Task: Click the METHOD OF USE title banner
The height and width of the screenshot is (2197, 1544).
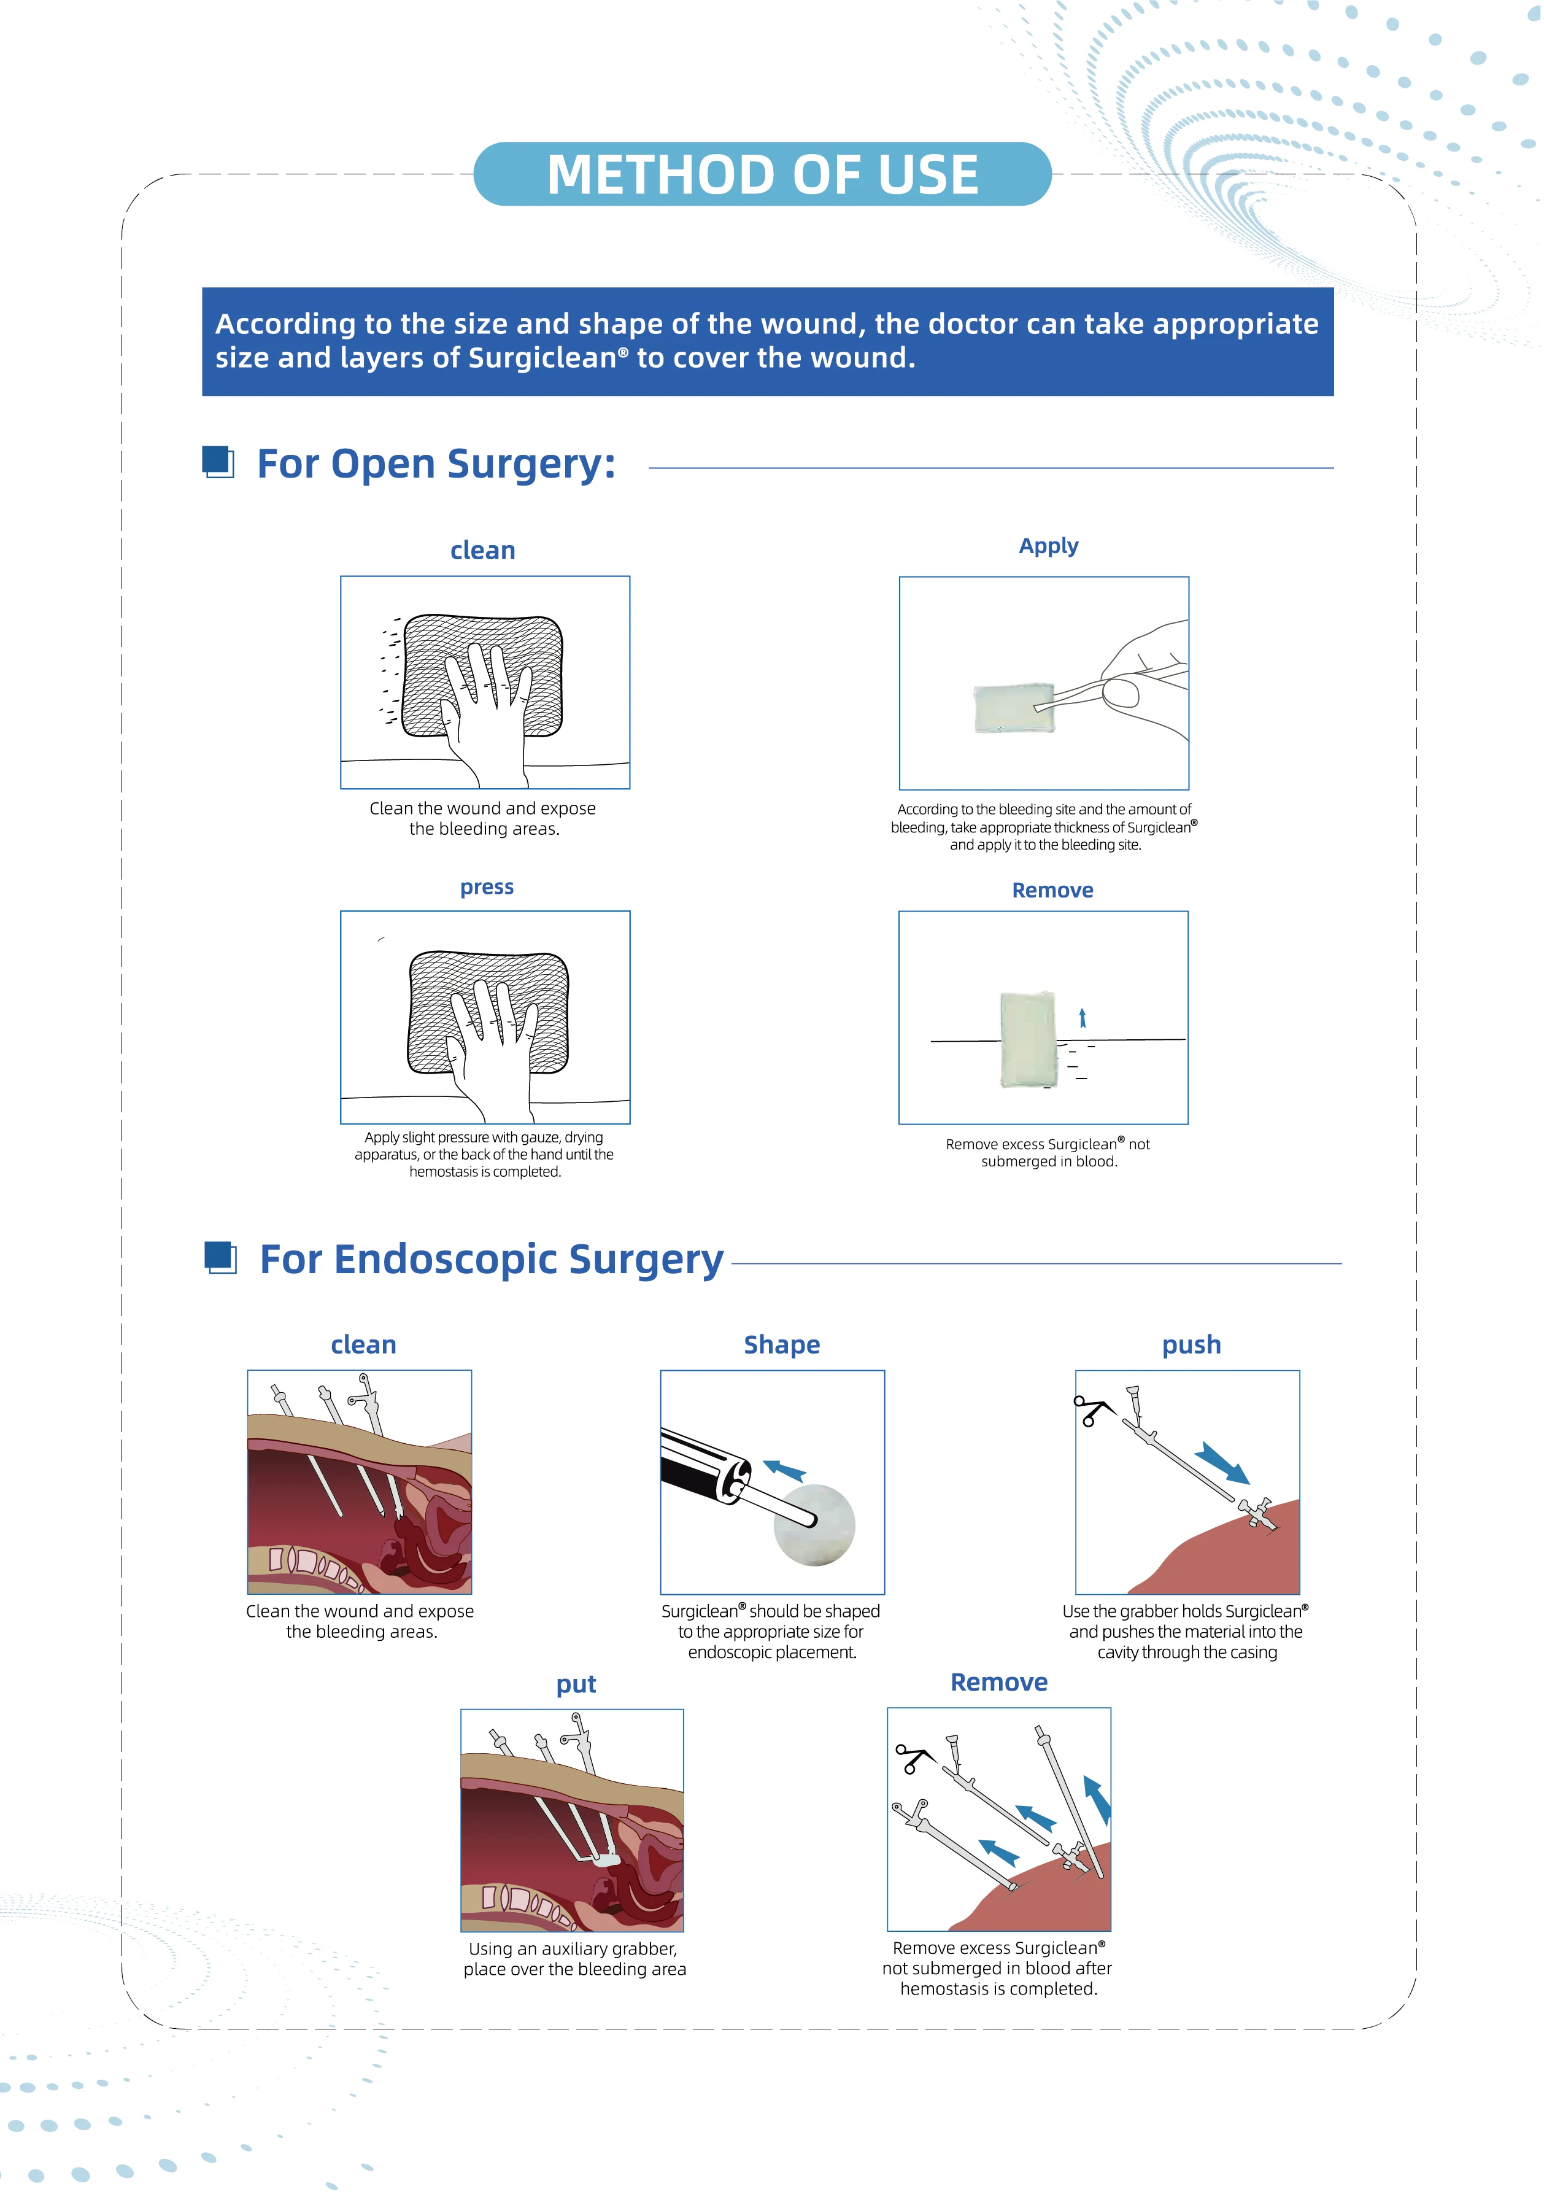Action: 762,174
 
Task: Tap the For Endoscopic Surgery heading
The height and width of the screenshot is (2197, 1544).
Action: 491,1259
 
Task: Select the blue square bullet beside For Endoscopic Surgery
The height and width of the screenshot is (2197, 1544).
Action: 221,1257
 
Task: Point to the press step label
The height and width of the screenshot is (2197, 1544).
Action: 486,887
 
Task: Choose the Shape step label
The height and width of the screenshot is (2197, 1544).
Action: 782,1344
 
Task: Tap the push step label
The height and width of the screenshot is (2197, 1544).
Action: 1191,1344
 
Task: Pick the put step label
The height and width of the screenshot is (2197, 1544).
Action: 576,1684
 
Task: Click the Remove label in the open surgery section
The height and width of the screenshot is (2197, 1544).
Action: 1052,890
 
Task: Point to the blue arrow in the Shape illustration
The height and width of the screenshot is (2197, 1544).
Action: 784,1469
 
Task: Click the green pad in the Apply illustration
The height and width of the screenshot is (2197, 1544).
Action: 1012,708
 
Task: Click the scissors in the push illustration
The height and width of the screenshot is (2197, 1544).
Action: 1092,1411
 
